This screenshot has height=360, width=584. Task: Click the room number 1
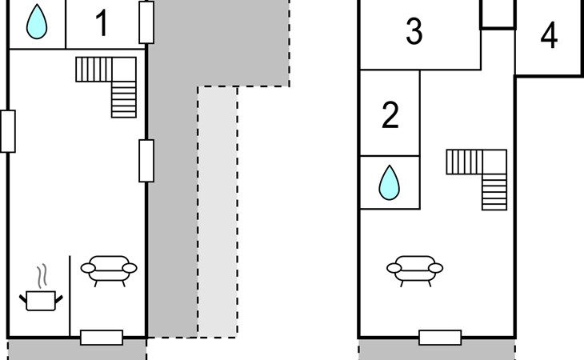102,23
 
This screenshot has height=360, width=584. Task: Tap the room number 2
390,115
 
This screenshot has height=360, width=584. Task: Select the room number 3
414,31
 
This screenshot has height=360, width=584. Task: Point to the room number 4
549,35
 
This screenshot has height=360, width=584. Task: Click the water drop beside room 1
37,22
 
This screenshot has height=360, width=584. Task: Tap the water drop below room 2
390,182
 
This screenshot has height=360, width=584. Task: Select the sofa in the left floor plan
109,270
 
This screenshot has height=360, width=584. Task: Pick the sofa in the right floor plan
415,270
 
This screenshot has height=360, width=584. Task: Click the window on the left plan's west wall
8,131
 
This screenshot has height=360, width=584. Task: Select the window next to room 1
146,22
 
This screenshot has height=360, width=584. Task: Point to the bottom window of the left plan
102,338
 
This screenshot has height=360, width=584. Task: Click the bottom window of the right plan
440,338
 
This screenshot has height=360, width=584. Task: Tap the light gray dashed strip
218,212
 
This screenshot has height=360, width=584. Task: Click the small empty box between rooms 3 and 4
498,14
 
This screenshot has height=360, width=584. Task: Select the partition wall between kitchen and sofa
70,296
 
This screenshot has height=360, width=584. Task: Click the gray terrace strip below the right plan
438,350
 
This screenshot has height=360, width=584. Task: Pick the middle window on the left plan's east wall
146,161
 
